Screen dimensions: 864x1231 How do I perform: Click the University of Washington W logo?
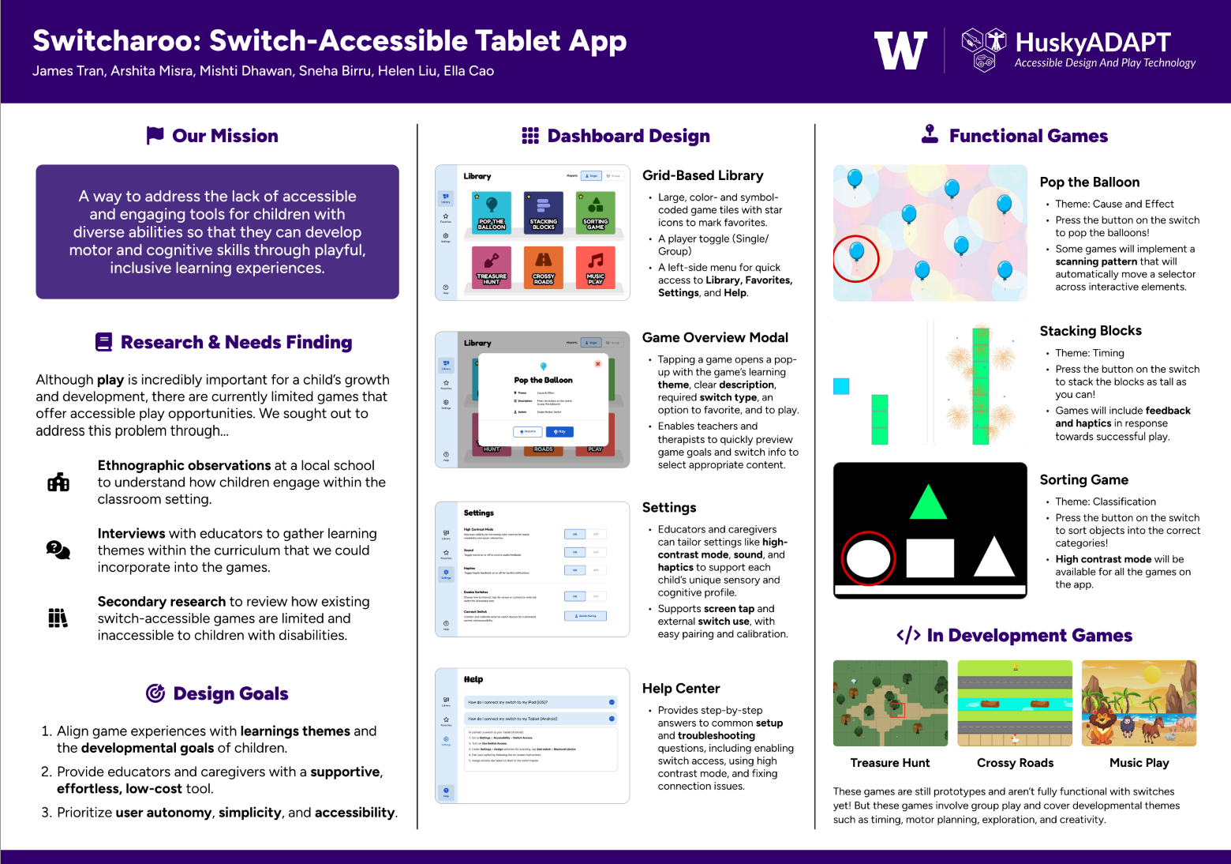pyautogui.click(x=900, y=51)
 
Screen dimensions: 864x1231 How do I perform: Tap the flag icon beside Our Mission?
pyautogui.click(x=155, y=136)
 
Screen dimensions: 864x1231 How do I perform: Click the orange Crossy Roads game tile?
pyautogui.click(x=544, y=268)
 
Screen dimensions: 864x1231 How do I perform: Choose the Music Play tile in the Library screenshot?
pyautogui.click(x=596, y=268)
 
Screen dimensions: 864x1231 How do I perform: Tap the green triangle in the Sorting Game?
pyautogui.click(x=928, y=503)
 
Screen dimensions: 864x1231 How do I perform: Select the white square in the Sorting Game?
pyautogui.click(x=930, y=558)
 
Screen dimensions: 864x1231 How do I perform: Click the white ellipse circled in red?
pyautogui.click(x=868, y=559)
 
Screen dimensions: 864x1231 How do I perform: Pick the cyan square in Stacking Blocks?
pyautogui.click(x=841, y=386)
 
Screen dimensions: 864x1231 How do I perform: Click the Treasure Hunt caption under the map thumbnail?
pyautogui.click(x=890, y=763)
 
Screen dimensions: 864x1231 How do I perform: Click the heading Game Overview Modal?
pyautogui.click(x=715, y=338)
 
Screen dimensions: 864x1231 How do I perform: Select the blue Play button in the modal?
pyautogui.click(x=559, y=432)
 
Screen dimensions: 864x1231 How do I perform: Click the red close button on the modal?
pyautogui.click(x=597, y=364)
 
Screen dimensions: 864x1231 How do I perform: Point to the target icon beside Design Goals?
pyautogui.click(x=155, y=693)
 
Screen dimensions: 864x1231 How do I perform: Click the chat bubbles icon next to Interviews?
pyautogui.click(x=58, y=550)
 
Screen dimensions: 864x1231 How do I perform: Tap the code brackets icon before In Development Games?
pyautogui.click(x=908, y=636)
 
